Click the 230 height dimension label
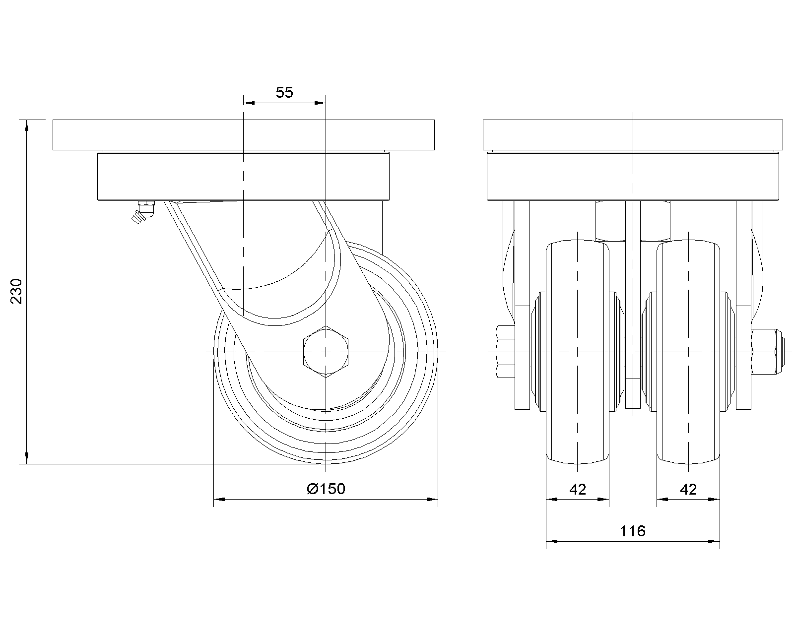[17, 291]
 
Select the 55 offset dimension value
[284, 92]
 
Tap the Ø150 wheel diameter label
[326, 489]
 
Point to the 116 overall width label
[633, 531]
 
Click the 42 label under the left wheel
[578, 490]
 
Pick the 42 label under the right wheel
[688, 490]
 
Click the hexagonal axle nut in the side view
[326, 351]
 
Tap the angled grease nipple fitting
[142, 212]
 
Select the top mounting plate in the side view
[243, 134]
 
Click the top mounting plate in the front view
[633, 134]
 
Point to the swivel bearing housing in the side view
[243, 176]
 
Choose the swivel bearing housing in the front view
[633, 176]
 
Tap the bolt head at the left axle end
[505, 351]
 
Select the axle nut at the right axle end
[767, 351]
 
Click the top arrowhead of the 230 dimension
[27, 125]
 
